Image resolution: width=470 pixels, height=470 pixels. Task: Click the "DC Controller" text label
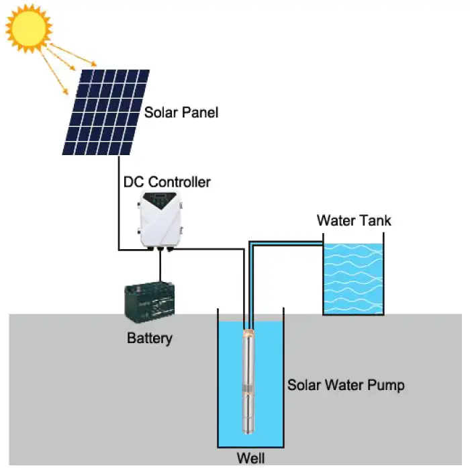pyautogui.click(x=167, y=182)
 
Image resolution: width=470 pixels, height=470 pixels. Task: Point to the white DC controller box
pyautogui.click(x=161, y=218)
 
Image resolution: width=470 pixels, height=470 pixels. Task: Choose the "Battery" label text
pyautogui.click(x=150, y=338)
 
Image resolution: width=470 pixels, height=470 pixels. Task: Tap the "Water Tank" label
pyautogui.click(x=354, y=220)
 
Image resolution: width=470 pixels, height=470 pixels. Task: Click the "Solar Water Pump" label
pyautogui.click(x=346, y=385)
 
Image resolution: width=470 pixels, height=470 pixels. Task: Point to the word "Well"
pyautogui.click(x=251, y=459)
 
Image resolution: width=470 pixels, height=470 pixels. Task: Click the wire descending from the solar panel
pyautogui.click(x=119, y=201)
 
